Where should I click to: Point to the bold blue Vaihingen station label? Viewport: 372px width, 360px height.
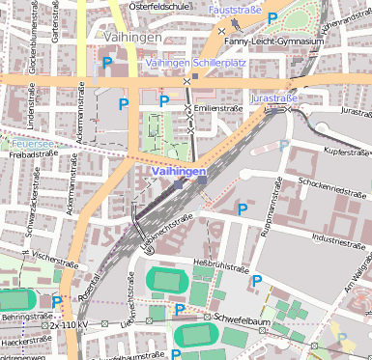(x=178, y=171)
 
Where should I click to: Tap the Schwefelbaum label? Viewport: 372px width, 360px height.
(x=241, y=317)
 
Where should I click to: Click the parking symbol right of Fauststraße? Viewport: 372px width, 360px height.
(x=272, y=17)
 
